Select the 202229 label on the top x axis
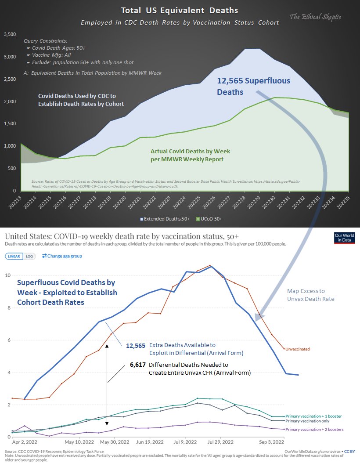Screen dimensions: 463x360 coord(260,202)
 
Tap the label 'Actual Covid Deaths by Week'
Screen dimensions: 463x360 coord(190,151)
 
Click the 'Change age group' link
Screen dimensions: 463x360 coord(62,256)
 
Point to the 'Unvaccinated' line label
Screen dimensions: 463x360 coord(298,349)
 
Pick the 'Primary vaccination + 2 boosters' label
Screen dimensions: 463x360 coord(314,429)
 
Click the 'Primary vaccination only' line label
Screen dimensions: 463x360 coord(306,420)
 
